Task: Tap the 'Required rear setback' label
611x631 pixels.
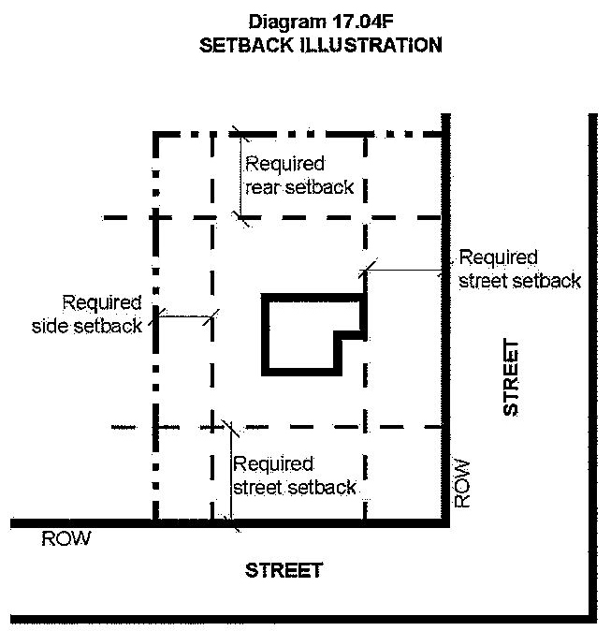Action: tap(299, 175)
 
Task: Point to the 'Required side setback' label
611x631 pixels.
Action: tap(102, 314)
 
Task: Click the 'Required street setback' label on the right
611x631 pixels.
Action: tap(519, 268)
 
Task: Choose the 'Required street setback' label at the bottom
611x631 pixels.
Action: tap(295, 476)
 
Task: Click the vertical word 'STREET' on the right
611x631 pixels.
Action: tap(510, 378)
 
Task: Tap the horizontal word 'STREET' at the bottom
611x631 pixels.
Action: tap(284, 570)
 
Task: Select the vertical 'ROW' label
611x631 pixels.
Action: tap(462, 483)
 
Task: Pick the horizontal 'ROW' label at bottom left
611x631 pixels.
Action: tap(65, 539)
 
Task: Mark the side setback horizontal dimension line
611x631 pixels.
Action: tap(185, 316)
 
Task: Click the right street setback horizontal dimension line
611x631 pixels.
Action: tap(406, 271)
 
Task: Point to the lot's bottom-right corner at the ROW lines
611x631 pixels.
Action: tap(447, 521)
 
